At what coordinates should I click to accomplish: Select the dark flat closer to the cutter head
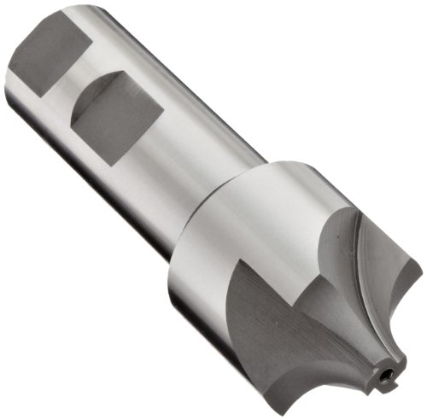coord(111,120)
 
